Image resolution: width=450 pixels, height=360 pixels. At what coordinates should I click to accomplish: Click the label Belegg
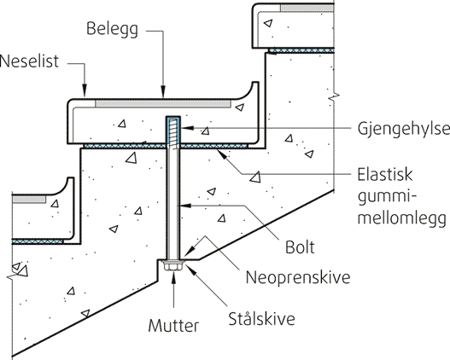[112, 30]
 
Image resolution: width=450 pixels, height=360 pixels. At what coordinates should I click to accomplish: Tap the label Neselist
[29, 61]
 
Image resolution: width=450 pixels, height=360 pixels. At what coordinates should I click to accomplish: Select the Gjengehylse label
[404, 130]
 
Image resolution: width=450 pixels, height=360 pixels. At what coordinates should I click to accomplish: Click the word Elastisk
[385, 175]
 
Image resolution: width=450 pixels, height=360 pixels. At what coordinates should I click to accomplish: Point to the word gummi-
[388, 198]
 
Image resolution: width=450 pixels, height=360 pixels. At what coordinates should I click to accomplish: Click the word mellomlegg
[402, 218]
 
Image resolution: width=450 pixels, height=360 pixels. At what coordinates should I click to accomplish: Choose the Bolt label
[300, 247]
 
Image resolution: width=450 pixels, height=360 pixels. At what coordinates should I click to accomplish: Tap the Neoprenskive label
[298, 277]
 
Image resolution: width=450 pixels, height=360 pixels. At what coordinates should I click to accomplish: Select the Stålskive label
[261, 318]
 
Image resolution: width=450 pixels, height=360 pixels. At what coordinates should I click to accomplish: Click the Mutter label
[173, 326]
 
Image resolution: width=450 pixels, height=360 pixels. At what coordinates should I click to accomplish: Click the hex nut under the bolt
[173, 266]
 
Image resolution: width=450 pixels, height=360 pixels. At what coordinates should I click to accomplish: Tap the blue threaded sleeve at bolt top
[173, 131]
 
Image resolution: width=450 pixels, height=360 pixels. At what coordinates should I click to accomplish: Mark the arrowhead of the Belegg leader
[163, 92]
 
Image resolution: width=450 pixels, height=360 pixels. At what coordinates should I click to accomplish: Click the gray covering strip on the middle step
[163, 104]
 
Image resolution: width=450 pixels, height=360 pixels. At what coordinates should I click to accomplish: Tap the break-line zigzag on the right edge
[334, 96]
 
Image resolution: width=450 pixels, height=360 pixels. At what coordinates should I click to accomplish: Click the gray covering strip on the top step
[307, 8]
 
